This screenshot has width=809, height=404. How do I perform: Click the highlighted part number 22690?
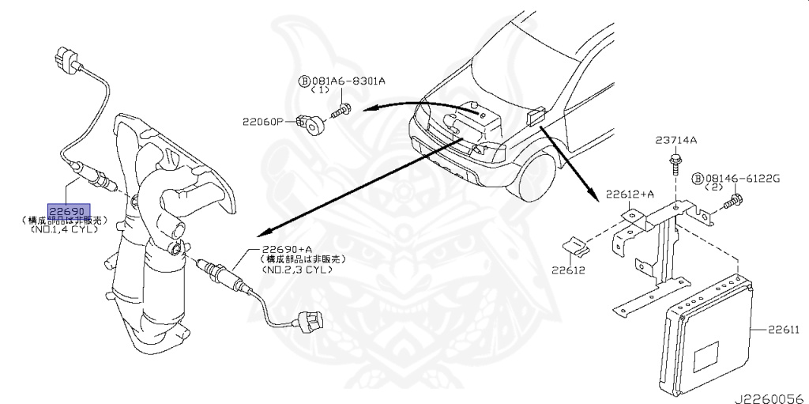click(66, 212)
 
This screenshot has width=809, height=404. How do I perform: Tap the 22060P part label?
click(262, 122)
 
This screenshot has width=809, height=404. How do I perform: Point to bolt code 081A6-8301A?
click(347, 80)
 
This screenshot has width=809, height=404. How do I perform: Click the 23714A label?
click(675, 141)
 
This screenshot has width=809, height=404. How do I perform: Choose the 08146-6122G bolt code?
click(742, 179)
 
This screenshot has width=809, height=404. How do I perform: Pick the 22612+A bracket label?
click(630, 194)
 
